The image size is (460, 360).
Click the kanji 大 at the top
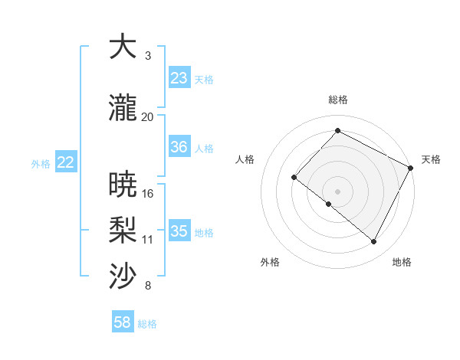(x=123, y=47)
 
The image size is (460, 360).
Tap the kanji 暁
(x=123, y=185)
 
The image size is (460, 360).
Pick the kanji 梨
(x=123, y=231)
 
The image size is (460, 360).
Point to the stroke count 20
(x=147, y=116)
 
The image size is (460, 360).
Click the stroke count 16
(x=147, y=193)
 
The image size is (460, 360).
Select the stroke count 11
(x=147, y=240)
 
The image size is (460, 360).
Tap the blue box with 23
(x=179, y=78)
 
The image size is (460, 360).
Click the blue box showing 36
(x=179, y=147)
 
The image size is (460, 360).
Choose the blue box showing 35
(x=179, y=231)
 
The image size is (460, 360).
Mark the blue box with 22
(x=66, y=162)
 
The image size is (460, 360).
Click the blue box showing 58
(x=123, y=323)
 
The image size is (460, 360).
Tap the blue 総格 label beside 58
(x=147, y=324)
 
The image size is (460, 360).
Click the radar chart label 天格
(x=431, y=159)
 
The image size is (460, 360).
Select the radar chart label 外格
(x=270, y=262)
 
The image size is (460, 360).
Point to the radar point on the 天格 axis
(x=411, y=168)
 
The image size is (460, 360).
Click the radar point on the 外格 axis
(x=329, y=204)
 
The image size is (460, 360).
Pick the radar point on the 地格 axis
(x=374, y=242)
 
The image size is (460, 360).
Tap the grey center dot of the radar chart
(x=337, y=191)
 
